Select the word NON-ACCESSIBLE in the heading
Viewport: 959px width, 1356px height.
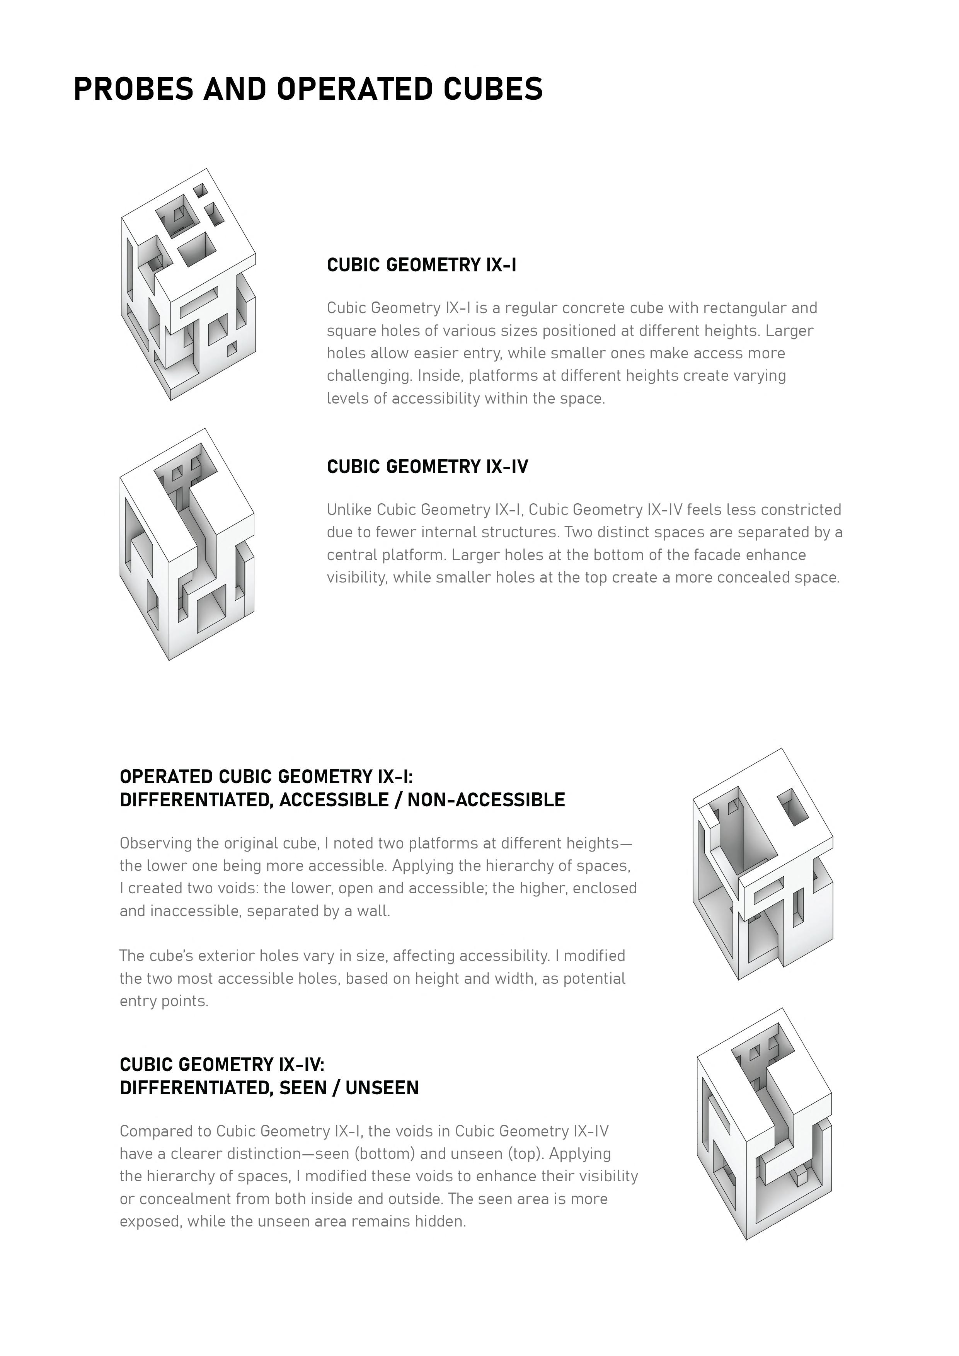[x=486, y=800]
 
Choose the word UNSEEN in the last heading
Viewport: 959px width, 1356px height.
[x=382, y=1087]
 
